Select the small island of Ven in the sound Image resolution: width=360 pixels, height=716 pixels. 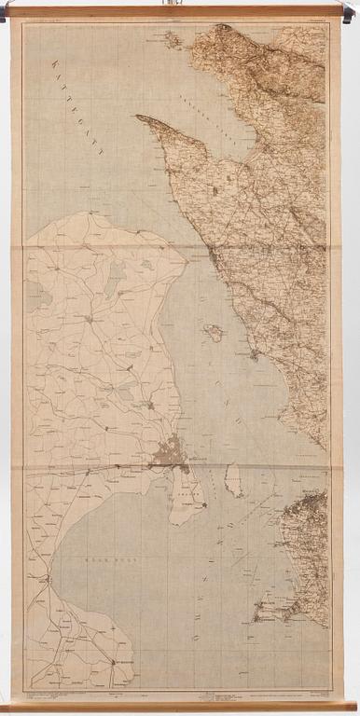click(215, 332)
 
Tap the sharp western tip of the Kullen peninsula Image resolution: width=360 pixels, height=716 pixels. click(138, 117)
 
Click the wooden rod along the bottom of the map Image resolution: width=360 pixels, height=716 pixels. click(180, 707)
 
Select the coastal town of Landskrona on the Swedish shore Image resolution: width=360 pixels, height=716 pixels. click(253, 354)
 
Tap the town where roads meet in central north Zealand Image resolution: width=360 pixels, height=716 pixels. click(90, 319)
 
